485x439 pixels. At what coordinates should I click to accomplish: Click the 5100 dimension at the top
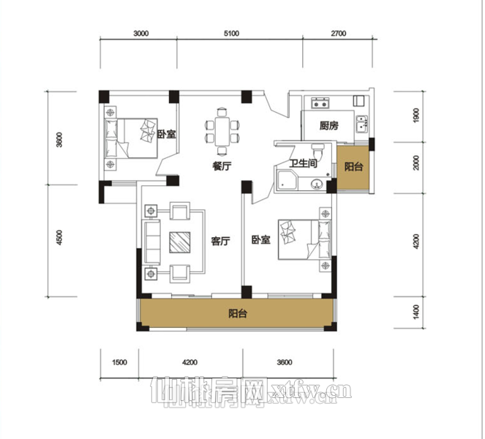(231, 34)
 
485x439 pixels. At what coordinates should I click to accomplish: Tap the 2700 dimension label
(339, 34)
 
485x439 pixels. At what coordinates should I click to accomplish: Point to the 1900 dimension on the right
(416, 116)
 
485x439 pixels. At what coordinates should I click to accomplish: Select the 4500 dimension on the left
(59, 237)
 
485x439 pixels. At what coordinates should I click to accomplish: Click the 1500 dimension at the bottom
(119, 362)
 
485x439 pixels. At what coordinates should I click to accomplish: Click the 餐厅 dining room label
(222, 166)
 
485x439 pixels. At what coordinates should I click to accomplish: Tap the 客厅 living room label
(220, 241)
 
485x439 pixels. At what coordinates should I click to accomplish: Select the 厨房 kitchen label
(328, 126)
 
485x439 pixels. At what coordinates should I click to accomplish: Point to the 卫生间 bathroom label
(303, 163)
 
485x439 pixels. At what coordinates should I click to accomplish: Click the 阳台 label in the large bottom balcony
(238, 314)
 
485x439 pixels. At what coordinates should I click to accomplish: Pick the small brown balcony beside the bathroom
(353, 168)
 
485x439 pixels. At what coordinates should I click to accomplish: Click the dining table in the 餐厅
(222, 131)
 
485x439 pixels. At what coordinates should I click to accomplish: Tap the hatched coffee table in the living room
(180, 242)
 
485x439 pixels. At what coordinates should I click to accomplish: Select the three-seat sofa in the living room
(151, 242)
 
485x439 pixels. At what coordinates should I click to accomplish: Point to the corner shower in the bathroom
(287, 181)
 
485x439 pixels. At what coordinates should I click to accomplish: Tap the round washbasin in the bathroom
(317, 184)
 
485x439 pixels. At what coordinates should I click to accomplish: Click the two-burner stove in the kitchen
(320, 102)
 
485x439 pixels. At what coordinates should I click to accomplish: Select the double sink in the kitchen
(362, 124)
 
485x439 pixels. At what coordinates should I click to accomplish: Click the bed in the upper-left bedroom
(131, 138)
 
